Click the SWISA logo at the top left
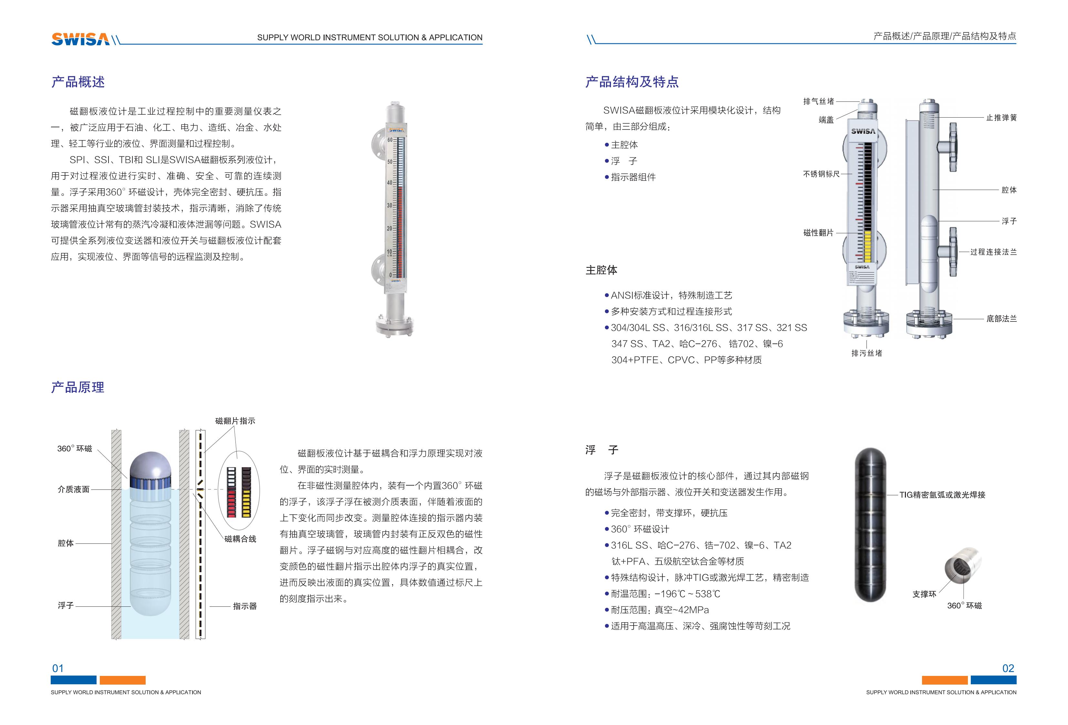click(80, 39)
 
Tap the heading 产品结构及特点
click(632, 82)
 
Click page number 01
click(58, 668)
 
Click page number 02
click(1008, 668)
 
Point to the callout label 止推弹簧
click(1001, 118)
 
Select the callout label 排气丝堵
click(818, 101)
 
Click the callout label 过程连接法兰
click(993, 252)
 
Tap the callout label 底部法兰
click(1001, 318)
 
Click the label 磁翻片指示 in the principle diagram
click(235, 421)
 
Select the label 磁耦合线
click(240, 539)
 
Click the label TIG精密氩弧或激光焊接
click(942, 495)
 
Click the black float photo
click(870, 524)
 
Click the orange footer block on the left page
click(122, 680)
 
